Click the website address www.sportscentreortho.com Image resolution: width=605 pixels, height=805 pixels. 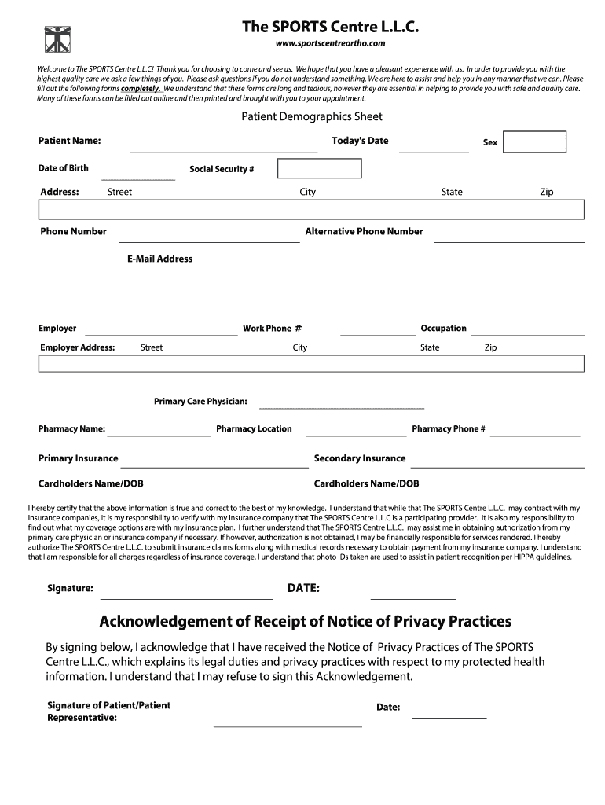coord(329,43)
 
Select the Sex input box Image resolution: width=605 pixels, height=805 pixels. coord(534,142)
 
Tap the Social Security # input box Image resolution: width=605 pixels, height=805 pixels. coord(320,169)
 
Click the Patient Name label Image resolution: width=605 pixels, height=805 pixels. coord(70,141)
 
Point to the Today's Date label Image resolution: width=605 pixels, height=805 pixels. coord(360,141)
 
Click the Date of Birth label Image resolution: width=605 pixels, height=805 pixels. coord(64,168)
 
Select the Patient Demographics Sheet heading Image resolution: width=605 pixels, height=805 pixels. coord(311,116)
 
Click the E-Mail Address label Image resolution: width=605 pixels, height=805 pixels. coord(159,259)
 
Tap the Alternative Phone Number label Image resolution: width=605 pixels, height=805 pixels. coord(364,231)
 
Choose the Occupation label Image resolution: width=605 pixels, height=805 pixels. coord(443,329)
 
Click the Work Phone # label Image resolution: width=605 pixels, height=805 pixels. coord(272,329)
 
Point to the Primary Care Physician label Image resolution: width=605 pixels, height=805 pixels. coord(200,402)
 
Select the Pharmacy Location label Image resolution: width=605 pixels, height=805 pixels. coord(254,429)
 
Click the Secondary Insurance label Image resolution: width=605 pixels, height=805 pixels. coord(360,458)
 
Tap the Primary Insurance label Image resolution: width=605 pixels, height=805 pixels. coord(79,458)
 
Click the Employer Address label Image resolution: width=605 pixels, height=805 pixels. coord(78,347)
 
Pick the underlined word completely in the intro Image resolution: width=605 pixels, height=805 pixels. coord(141,89)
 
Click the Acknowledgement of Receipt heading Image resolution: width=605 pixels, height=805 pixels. coord(305,622)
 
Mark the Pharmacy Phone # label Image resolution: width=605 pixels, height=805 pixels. coord(449,429)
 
